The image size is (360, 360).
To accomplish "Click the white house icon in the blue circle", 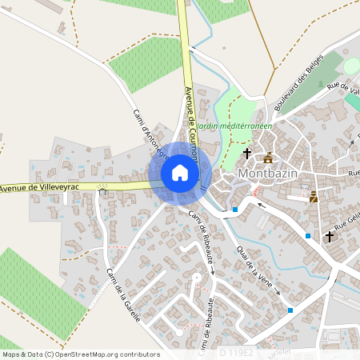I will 179,173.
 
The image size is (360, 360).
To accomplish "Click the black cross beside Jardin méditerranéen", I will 247,152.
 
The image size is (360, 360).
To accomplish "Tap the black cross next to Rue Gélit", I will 329,236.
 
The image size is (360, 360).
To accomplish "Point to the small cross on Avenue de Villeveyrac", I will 102,190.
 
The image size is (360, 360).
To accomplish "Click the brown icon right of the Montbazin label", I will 314,195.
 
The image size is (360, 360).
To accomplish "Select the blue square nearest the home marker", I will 235,210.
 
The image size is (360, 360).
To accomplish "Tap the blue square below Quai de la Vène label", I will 290,310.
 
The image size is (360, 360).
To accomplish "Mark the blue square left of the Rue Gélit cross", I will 308,235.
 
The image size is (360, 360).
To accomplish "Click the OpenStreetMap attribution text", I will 80,354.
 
